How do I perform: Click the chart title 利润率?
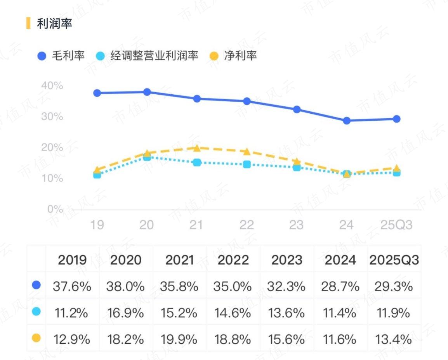coord(54,23)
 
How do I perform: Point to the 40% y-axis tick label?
coord(52,85)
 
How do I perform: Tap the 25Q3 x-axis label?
coord(396,225)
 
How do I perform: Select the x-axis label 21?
coord(196,225)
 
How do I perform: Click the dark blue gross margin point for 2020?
coord(147,92)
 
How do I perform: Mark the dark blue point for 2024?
coord(347,121)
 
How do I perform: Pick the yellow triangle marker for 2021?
coord(197,148)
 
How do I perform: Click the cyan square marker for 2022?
coord(247,164)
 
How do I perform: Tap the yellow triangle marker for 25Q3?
coord(396,168)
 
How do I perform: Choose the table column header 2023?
coord(287,260)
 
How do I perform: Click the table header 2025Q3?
coord(394,260)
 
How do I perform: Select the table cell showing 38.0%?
coord(125,287)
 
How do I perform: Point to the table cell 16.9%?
coord(125,313)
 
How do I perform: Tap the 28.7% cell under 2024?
coord(340,287)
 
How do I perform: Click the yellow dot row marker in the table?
coord(36,338)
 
